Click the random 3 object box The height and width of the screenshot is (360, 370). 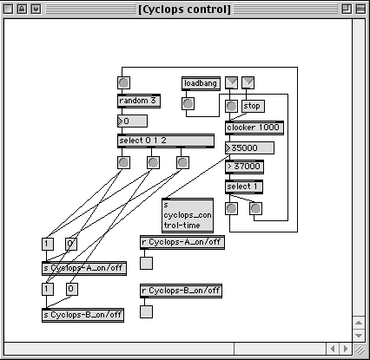click(139, 101)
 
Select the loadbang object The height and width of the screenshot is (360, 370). click(201, 83)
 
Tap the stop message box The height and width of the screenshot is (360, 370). click(253, 106)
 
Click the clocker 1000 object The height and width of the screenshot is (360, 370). click(254, 128)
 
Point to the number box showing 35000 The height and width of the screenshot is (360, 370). click(249, 148)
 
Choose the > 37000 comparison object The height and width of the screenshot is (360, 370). click(244, 167)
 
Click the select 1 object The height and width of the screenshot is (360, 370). click(244, 187)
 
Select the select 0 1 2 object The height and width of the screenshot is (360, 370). click(166, 141)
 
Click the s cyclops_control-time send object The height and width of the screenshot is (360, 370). click(188, 215)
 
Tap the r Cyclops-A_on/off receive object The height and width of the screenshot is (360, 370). click(182, 242)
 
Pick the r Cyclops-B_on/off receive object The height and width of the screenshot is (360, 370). click(181, 291)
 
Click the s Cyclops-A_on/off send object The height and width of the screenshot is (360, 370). click(84, 268)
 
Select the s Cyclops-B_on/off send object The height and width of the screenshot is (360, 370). click(83, 315)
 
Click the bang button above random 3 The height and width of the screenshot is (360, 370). click(123, 82)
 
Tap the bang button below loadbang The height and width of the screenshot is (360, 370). click(188, 103)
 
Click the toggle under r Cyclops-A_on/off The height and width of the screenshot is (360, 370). click(146, 263)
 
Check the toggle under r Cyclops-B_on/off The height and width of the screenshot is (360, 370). click(146, 311)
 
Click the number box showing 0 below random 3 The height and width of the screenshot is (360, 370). click(132, 121)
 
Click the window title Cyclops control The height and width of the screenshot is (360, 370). click(184, 10)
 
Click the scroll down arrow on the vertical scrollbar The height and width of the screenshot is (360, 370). click(359, 336)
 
